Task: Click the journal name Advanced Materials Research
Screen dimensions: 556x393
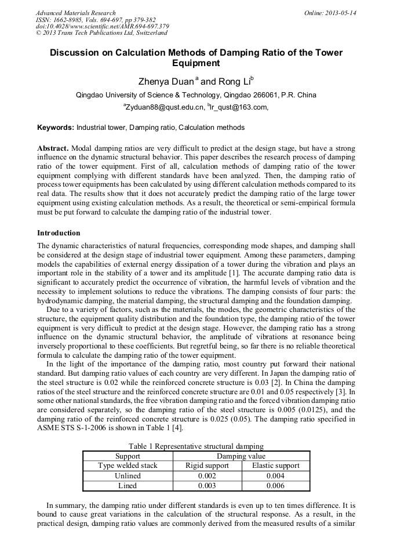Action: (x=75, y=13)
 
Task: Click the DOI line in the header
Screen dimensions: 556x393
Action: (x=102, y=27)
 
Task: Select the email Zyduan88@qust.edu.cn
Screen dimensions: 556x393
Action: (x=165, y=107)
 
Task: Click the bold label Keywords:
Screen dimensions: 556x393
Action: (x=56, y=128)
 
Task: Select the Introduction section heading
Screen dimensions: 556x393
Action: (x=59, y=233)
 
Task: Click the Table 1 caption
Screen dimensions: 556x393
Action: (x=196, y=446)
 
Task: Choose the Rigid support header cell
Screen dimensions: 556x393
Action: (x=207, y=466)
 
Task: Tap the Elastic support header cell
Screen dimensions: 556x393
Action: (x=275, y=466)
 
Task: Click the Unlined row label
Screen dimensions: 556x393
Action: (x=128, y=476)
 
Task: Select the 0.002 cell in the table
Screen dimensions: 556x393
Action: (x=207, y=476)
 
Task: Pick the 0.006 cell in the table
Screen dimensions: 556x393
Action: (x=275, y=486)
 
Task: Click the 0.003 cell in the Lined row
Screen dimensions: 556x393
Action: (x=207, y=486)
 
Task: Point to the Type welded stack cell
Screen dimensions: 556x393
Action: (x=128, y=466)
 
